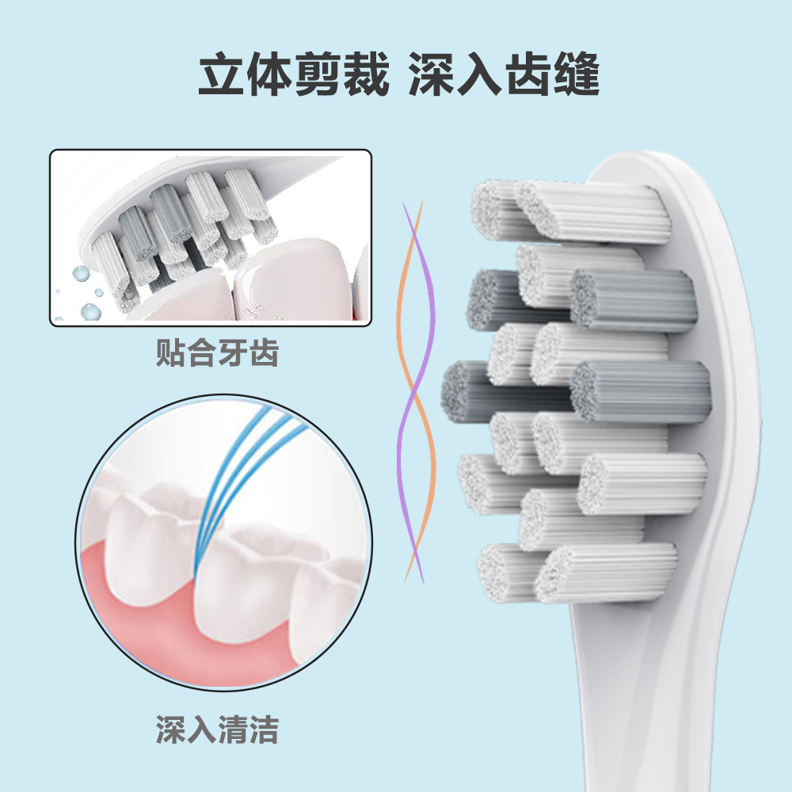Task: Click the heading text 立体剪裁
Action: coord(293,77)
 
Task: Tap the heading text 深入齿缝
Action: coord(504,77)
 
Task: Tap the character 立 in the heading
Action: coord(220,77)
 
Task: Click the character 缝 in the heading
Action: coord(576,77)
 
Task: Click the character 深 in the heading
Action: coord(432,77)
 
